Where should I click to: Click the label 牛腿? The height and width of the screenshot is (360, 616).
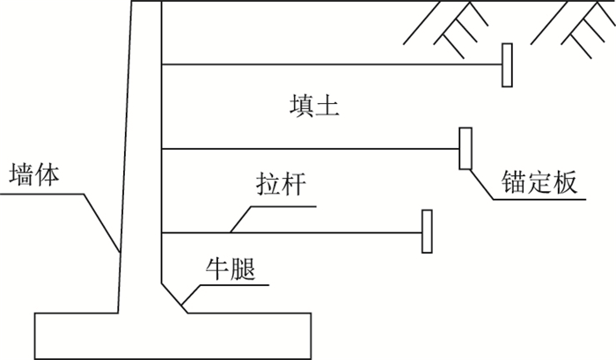(x=231, y=268)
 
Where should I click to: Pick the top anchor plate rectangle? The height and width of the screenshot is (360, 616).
(x=507, y=65)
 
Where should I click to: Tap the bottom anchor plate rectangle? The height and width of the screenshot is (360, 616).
(x=427, y=231)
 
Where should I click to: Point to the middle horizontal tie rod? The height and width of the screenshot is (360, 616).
(x=308, y=148)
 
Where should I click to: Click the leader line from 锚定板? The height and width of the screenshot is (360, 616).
(x=481, y=186)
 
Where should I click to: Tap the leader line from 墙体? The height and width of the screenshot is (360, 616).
(x=102, y=221)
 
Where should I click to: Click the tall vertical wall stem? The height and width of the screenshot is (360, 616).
(x=143, y=158)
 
